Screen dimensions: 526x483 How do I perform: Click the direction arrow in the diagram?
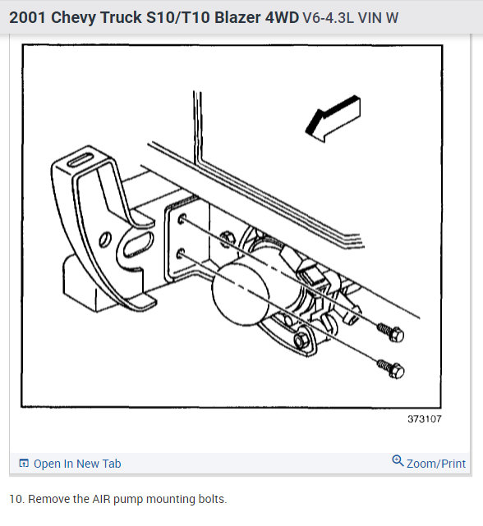pos(333,117)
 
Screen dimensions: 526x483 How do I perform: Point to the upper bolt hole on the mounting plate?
pos(181,219)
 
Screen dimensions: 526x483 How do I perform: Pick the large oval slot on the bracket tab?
pos(134,246)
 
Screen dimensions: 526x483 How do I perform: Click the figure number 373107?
pos(425,419)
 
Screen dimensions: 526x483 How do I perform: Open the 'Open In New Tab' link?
pos(76,464)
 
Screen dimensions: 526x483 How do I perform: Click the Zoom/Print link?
pos(435,464)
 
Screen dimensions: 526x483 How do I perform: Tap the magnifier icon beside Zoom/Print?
pos(398,462)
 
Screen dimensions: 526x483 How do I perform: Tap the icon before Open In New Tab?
pos(24,464)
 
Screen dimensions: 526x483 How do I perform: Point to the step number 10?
pos(16,499)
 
